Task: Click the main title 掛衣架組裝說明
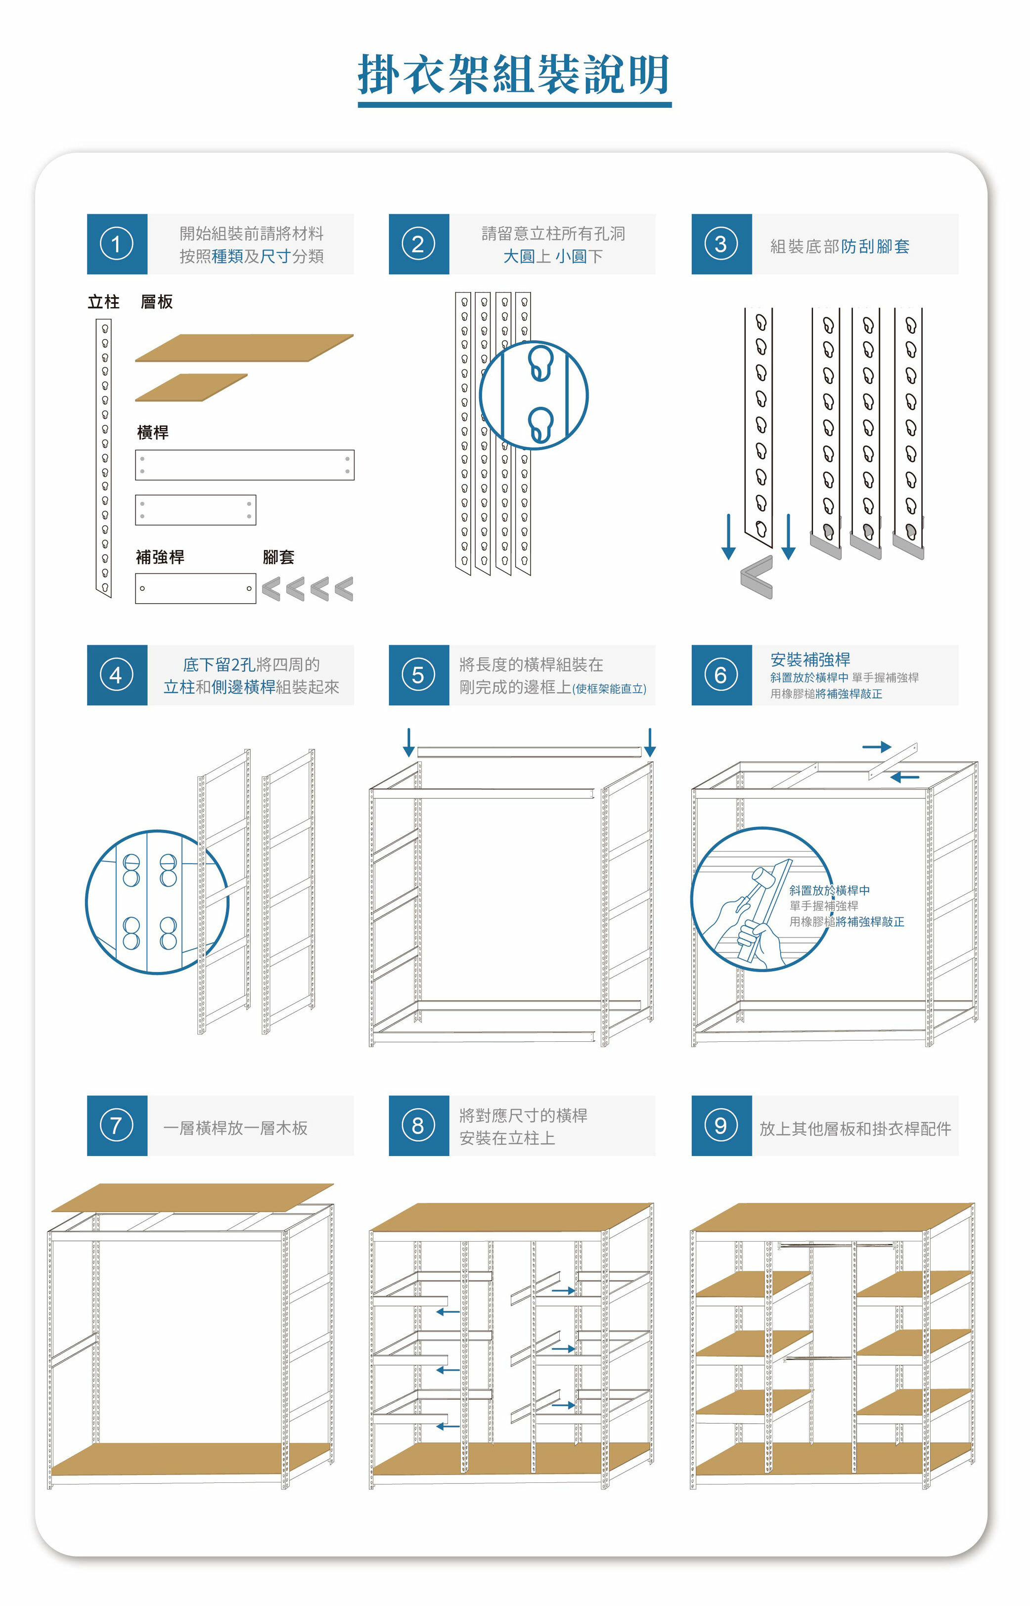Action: click(514, 74)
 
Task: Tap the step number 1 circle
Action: click(116, 244)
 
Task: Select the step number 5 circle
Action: click(418, 675)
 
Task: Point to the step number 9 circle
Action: click(721, 1126)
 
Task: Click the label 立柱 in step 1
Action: click(104, 302)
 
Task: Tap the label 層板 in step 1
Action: click(157, 302)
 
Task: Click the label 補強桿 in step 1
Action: click(160, 557)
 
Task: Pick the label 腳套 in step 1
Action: click(278, 557)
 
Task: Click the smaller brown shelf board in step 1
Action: click(191, 388)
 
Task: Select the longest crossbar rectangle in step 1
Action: click(245, 465)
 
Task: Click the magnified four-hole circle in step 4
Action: click(158, 902)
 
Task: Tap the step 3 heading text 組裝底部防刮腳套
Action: click(840, 247)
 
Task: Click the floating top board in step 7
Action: click(193, 1198)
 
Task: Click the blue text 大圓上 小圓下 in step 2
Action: click(553, 256)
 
